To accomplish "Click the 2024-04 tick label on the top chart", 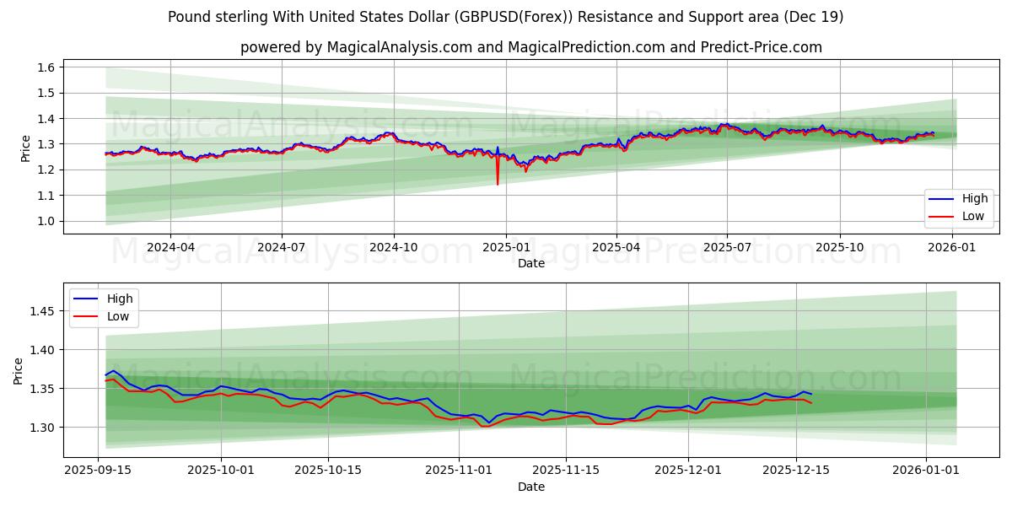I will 170,247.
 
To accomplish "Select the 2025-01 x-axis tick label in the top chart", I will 505,247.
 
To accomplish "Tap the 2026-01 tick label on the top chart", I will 952,247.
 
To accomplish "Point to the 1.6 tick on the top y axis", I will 46,67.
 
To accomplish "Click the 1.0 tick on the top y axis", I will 46,221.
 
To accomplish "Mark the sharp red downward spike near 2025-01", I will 498,183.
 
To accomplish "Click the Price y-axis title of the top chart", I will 25,148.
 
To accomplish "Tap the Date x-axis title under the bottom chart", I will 531,487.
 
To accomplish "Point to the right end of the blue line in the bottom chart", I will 811,395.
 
